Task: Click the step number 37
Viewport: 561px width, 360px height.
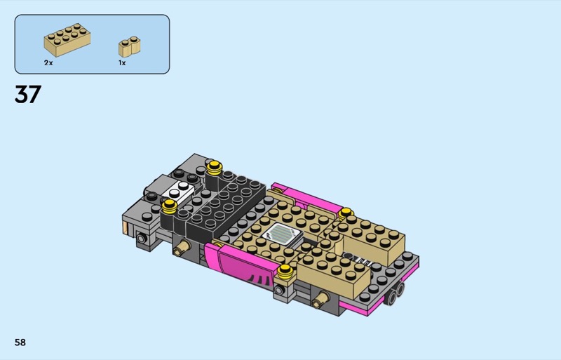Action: [28, 94]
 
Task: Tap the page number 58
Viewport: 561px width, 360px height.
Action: [20, 342]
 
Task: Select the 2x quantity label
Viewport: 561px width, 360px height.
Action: [48, 62]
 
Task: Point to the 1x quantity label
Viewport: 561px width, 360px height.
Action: [122, 62]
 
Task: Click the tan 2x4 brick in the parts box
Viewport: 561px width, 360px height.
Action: [67, 40]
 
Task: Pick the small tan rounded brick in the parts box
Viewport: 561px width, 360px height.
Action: [129, 46]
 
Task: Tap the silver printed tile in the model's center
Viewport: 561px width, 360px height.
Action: [283, 235]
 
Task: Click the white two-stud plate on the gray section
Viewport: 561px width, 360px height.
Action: [178, 192]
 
